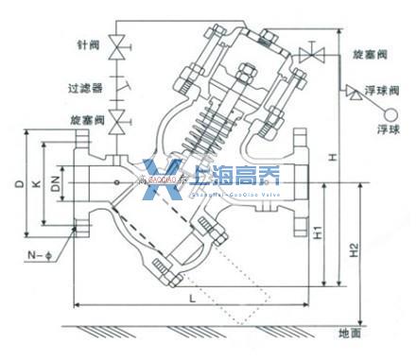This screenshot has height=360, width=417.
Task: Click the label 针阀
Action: click(86, 44)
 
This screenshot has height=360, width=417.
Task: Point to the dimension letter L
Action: click(191, 298)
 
